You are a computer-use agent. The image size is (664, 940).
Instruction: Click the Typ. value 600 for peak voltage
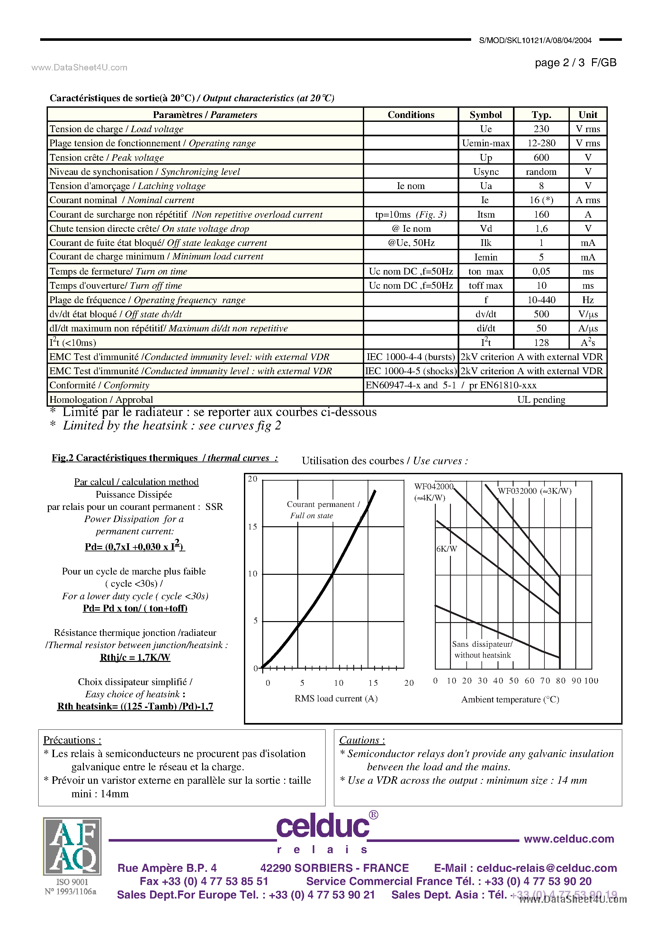[x=541, y=158]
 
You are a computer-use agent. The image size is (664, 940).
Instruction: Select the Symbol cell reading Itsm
[x=486, y=214]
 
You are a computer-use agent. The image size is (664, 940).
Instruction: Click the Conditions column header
[x=411, y=115]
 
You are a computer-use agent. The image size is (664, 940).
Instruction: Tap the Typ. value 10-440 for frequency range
[x=541, y=300]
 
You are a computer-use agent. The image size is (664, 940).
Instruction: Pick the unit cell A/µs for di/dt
[x=588, y=328]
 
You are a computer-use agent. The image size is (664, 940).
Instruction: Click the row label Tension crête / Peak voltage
[x=106, y=158]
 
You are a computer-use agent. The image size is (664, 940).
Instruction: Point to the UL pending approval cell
[x=541, y=400]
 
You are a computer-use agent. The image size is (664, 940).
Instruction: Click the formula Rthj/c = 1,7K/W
[x=135, y=657]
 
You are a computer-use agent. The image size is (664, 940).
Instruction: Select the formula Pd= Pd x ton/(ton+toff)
[x=135, y=608]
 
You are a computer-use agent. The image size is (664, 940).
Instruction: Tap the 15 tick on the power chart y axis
[x=253, y=527]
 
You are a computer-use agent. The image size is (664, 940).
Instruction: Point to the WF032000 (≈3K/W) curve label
[x=534, y=491]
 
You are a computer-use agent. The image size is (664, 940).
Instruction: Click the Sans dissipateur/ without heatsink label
[x=482, y=650]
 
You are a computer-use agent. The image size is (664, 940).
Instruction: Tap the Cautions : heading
[x=362, y=740]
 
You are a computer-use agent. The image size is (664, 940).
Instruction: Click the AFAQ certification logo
[x=72, y=846]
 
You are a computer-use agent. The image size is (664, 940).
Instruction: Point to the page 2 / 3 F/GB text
[x=575, y=63]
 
